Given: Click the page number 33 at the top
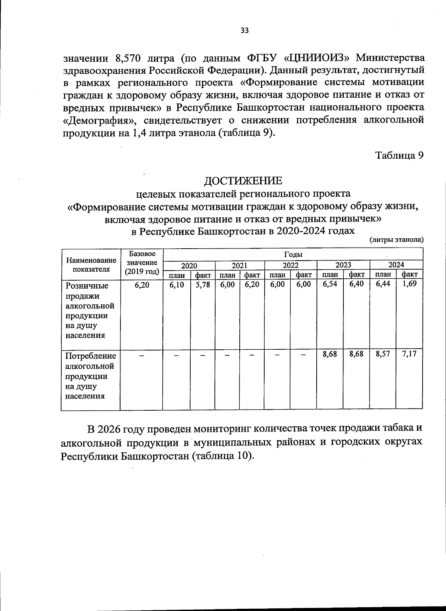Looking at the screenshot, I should pyautogui.click(x=244, y=31).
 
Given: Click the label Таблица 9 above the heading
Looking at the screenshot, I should pyautogui.click(x=399, y=155).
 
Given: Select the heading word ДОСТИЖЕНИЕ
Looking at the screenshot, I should pyautogui.click(x=243, y=181).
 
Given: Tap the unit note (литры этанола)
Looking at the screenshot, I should pyautogui.click(x=396, y=240).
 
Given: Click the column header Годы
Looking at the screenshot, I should pyautogui.click(x=293, y=254).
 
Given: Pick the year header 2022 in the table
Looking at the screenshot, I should pyautogui.click(x=291, y=265).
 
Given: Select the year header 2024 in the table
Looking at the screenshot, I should pyautogui.click(x=396, y=265).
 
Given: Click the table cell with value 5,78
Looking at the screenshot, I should pyautogui.click(x=203, y=284).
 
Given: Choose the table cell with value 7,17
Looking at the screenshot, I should pyautogui.click(x=409, y=354).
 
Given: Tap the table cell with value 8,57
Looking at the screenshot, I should pyautogui.click(x=383, y=354).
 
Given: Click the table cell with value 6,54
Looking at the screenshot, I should pyautogui.click(x=330, y=284).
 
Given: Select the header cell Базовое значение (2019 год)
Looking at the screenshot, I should pyautogui.click(x=142, y=263).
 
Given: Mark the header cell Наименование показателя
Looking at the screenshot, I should pyautogui.click(x=91, y=265).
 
